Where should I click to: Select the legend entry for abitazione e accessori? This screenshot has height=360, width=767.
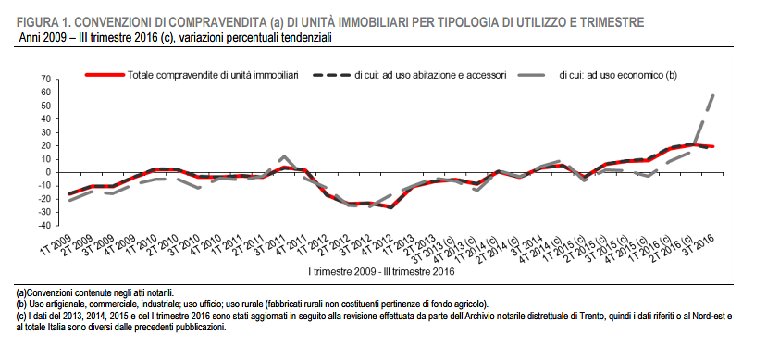tap(429, 74)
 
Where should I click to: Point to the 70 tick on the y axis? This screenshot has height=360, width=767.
tap(44, 80)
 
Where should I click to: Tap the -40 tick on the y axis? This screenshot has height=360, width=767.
tap(43, 225)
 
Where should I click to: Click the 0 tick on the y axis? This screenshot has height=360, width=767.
tap(47, 172)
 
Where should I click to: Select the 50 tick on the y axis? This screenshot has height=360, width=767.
tap(44, 106)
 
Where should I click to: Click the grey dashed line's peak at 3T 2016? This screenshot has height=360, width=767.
tap(713, 93)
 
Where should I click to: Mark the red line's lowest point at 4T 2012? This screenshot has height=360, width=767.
tap(391, 207)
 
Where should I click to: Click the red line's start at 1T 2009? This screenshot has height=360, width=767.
tap(69, 193)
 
